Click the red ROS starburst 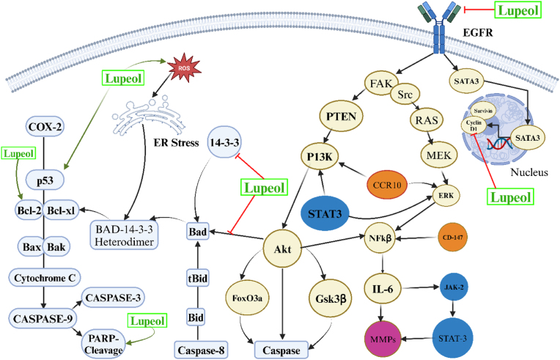click(184, 68)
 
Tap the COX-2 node click(45, 127)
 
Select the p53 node click(45, 180)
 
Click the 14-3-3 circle click(224, 142)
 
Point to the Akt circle click(282, 249)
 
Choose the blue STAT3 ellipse click(325, 213)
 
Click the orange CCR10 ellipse click(387, 185)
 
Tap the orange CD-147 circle click(452, 237)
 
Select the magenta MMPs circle click(383, 339)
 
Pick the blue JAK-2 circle click(454, 287)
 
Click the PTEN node click(341, 117)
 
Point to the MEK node click(439, 155)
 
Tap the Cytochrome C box click(45, 278)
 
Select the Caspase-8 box click(201, 350)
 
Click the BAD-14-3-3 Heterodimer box click(124, 235)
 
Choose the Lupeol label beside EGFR click(518, 10)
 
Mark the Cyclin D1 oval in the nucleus click(474, 125)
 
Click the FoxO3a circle click(247, 298)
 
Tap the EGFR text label click(477, 33)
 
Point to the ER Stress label click(176, 143)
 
